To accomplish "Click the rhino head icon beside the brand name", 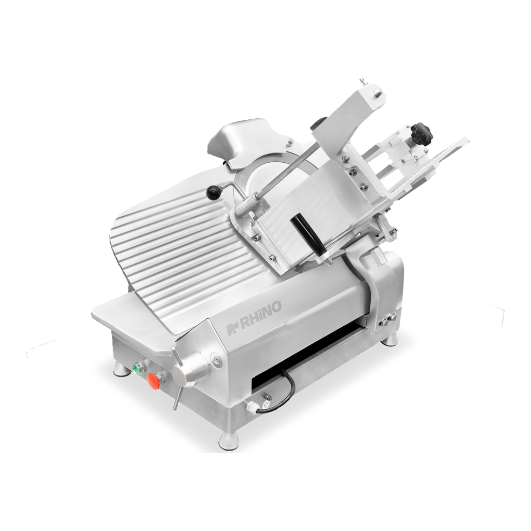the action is click(233, 328).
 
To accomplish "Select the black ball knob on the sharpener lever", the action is click(213, 193).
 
